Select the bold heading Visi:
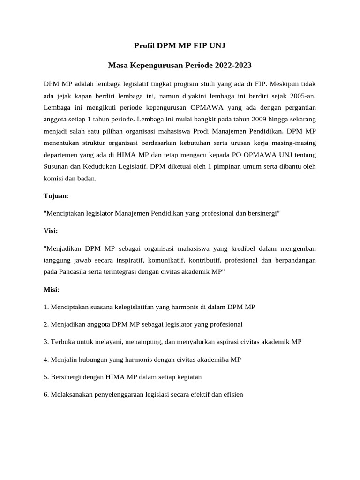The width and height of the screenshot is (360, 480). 51,231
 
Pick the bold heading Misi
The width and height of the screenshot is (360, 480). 51,290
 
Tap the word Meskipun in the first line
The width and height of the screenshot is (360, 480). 284,84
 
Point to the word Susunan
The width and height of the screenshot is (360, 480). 55,166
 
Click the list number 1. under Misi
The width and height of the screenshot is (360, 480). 46,307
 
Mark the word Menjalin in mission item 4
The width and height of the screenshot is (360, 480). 64,360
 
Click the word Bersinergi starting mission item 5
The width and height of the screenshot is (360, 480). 67,377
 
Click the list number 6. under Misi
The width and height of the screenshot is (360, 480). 46,395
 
